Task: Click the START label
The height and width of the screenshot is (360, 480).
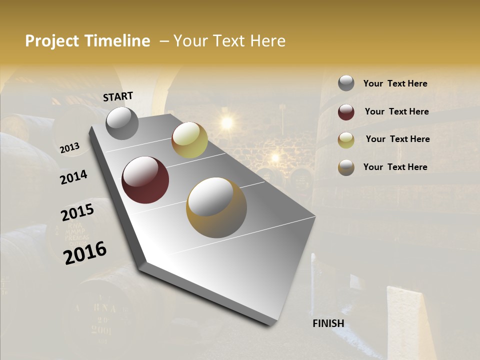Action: point(118,96)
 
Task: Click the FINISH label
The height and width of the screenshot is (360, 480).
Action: point(328,323)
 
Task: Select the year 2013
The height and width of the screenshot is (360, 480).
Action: point(69,148)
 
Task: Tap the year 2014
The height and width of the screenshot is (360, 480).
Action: point(73,177)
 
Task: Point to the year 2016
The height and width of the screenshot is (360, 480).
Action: point(85,253)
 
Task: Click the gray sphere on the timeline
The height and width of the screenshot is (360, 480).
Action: point(122,123)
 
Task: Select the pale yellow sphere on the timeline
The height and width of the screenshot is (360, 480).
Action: point(189,140)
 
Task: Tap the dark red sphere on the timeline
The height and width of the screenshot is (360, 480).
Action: point(145,180)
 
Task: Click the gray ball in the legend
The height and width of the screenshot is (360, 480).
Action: point(346,83)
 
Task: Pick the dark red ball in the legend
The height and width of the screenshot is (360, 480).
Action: point(346,111)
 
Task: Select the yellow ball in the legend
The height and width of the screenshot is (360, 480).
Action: point(346,140)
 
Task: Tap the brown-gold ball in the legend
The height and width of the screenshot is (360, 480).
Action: point(346,167)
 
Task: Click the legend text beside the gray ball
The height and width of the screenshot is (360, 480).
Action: point(395,83)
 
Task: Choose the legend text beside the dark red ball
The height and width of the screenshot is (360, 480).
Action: point(396,111)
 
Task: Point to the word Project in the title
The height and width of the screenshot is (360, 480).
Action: point(52,41)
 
